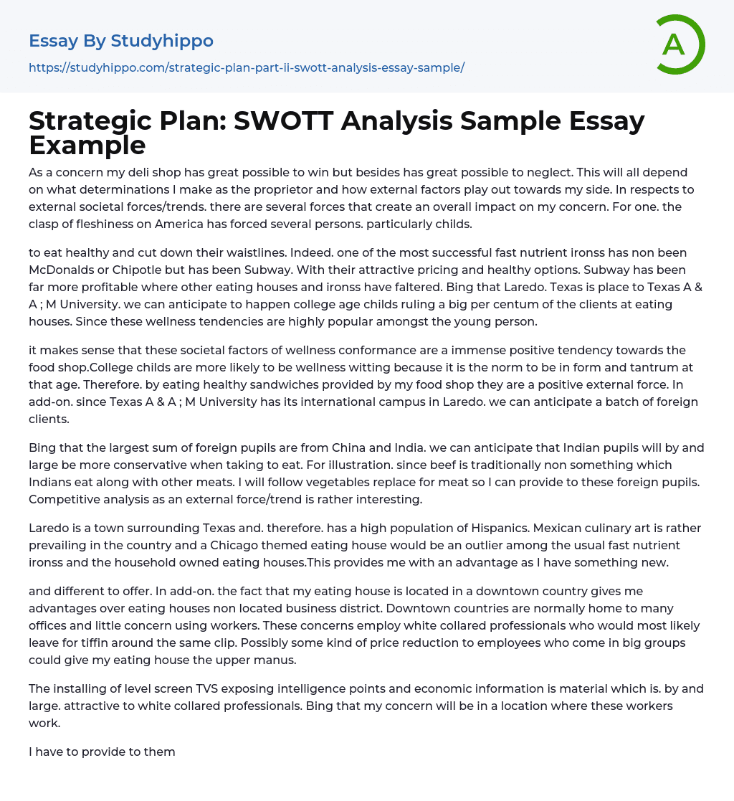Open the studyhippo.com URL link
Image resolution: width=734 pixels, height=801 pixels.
[x=247, y=67]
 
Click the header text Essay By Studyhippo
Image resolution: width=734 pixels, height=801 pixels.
[x=121, y=41]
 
